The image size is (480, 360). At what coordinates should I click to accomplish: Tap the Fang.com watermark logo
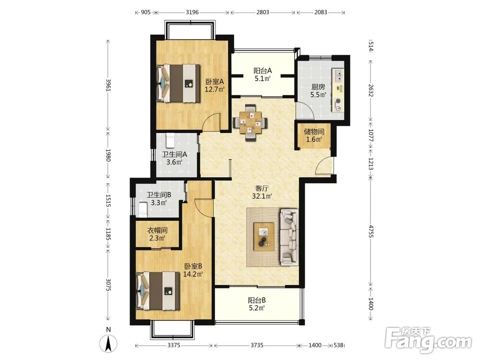pyautogui.click(x=429, y=340)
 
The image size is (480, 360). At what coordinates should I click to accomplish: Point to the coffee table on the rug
pyautogui.click(x=264, y=237)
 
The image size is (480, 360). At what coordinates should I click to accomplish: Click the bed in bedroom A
pyautogui.click(x=178, y=83)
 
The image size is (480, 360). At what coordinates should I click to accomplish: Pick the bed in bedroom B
pyautogui.click(x=158, y=291)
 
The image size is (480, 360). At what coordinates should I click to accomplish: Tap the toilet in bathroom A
pyautogui.click(x=170, y=140)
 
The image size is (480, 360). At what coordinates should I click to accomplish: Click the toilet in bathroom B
pyautogui.click(x=143, y=209)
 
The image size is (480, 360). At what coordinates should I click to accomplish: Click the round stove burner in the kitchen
pyautogui.click(x=338, y=101)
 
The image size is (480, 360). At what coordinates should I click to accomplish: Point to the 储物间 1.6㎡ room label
pyautogui.click(x=314, y=136)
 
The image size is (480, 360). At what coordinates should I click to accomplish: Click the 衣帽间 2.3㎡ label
pyautogui.click(x=157, y=234)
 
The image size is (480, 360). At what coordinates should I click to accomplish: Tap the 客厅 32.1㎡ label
pyautogui.click(x=262, y=192)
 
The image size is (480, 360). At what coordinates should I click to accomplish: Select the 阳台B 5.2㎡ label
pyautogui.click(x=256, y=304)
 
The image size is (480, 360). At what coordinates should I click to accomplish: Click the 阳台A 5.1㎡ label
pyautogui.click(x=263, y=74)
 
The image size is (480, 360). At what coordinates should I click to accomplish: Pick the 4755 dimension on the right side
pyautogui.click(x=371, y=231)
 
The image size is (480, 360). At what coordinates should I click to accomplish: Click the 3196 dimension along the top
pyautogui.click(x=192, y=12)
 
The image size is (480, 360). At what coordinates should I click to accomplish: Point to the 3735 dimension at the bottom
pyautogui.click(x=257, y=345)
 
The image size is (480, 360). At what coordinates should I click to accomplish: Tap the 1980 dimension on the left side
pyautogui.click(x=108, y=155)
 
